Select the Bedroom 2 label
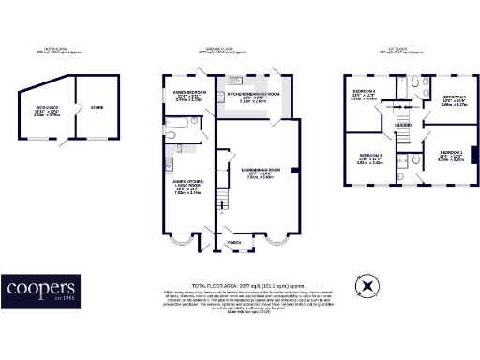[x=454, y=97]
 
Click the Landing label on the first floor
[x=404, y=125]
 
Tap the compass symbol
[x=368, y=285]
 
